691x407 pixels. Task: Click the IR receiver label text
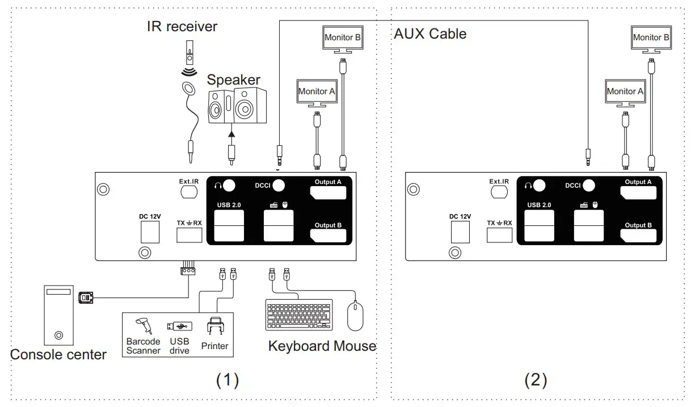[x=182, y=26]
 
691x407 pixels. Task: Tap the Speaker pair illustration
[x=237, y=106]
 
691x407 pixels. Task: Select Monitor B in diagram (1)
[x=343, y=38]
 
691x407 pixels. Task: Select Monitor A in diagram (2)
[x=625, y=91]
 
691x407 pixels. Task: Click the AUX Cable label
[x=430, y=34]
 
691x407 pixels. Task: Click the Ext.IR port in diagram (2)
[x=499, y=192]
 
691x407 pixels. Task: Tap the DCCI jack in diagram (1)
[x=279, y=186]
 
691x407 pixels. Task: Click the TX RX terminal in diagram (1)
[x=189, y=235]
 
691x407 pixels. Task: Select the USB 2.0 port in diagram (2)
[x=539, y=226]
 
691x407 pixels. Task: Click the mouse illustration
[x=355, y=316]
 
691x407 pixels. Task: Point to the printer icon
[x=215, y=329]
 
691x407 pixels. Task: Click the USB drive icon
[x=179, y=326]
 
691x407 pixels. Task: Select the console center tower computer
[x=58, y=315]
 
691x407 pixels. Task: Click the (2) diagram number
[x=536, y=379]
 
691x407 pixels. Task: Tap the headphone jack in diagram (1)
[x=229, y=186]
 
